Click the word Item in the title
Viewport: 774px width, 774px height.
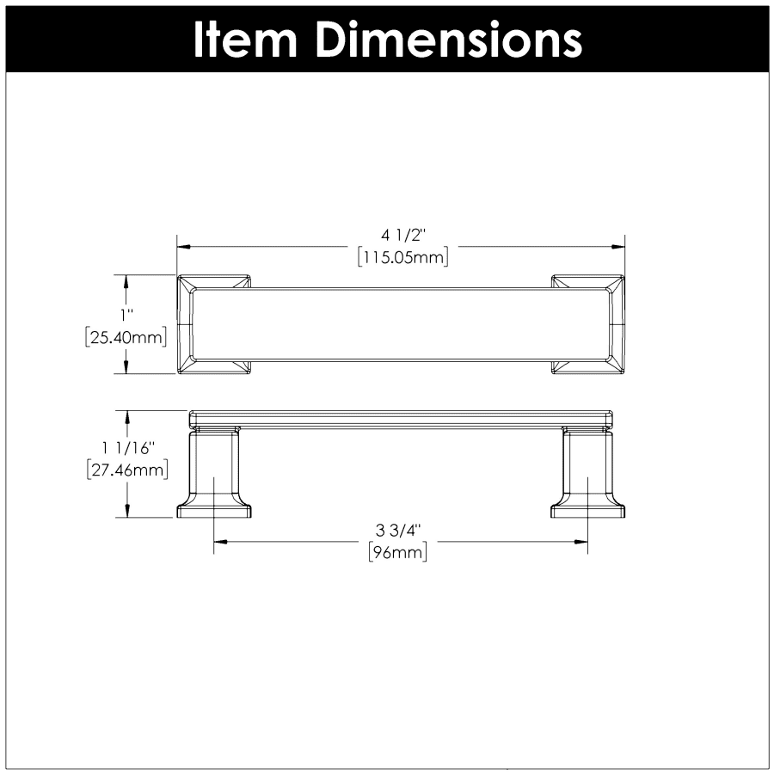(245, 40)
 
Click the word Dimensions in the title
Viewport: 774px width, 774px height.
(449, 40)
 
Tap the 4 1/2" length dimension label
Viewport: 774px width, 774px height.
(402, 236)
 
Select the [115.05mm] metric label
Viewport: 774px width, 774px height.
(402, 257)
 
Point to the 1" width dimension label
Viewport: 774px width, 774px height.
(127, 315)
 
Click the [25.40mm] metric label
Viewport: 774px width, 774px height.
(126, 338)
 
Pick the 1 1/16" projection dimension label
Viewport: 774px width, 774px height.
(128, 448)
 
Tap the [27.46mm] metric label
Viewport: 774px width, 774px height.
(127, 470)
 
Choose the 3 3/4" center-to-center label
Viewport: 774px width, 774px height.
(398, 531)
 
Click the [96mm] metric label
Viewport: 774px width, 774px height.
(398, 552)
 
